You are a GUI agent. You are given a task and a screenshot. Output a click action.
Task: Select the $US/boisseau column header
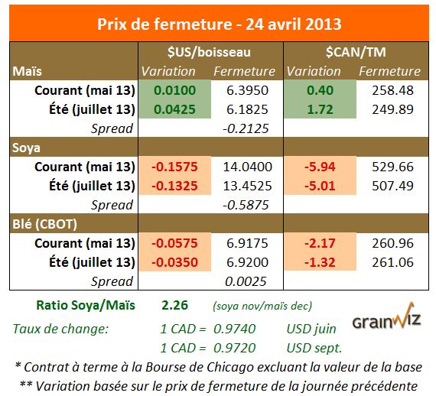click(x=209, y=52)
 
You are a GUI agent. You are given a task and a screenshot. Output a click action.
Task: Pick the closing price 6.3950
click(x=242, y=90)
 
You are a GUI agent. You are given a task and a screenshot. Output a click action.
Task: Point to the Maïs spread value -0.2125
click(x=242, y=127)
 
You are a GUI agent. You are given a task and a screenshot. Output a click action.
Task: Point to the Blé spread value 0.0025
click(x=242, y=281)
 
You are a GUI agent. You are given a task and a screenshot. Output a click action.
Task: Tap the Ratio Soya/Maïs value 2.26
click(x=174, y=305)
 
